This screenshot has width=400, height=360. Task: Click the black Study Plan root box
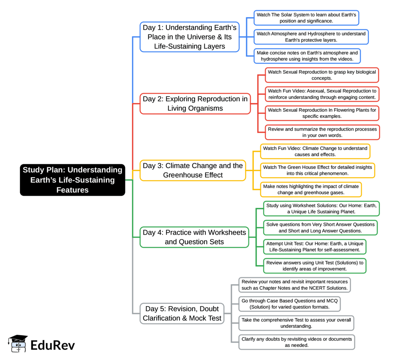73,180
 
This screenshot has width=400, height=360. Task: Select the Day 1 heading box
189,37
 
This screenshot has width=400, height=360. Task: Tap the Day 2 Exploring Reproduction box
195,103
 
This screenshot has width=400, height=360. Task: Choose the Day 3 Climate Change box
193,170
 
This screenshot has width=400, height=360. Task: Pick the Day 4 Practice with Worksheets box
194,237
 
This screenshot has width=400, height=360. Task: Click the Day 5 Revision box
182,313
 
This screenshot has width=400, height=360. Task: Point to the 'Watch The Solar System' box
306,18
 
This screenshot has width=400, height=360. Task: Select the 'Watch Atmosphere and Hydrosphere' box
311,37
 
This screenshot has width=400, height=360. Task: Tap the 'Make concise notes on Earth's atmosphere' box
307,56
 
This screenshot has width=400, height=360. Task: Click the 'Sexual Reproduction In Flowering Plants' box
322,113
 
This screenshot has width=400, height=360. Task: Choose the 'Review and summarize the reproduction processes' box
322,132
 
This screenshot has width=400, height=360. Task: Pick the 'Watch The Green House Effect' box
317,171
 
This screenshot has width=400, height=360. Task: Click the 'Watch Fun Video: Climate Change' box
315,151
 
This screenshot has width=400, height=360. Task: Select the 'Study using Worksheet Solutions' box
321,209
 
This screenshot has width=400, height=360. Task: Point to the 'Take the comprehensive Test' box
296,323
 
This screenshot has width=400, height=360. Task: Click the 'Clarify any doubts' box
296,342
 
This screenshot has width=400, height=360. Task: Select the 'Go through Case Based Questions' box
291,304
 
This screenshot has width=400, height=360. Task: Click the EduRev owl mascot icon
18,344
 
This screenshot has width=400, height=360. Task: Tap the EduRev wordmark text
52,345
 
